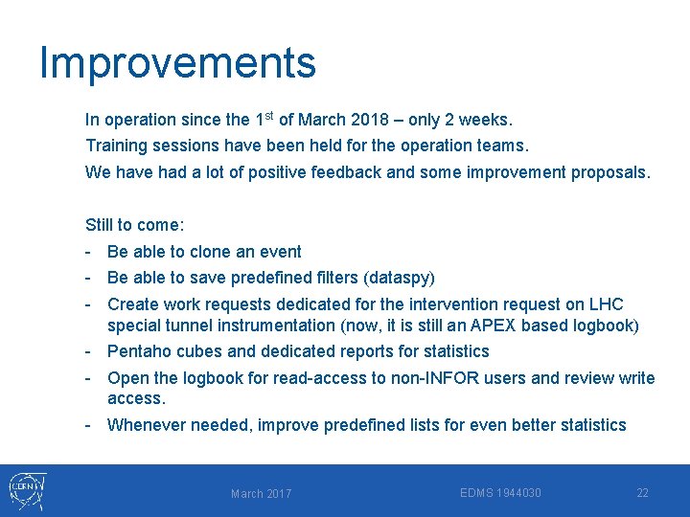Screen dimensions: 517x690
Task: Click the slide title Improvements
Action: click(177, 63)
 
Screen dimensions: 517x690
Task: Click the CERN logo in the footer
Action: click(26, 491)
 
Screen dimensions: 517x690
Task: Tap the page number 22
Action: click(642, 493)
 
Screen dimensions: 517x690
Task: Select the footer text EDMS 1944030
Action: click(500, 493)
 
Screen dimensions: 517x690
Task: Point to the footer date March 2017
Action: click(261, 494)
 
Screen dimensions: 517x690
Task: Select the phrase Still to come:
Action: click(135, 225)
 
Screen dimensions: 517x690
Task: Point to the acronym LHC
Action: click(605, 304)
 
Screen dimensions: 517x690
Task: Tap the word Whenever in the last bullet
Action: click(146, 425)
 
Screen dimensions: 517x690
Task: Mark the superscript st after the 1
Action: click(269, 116)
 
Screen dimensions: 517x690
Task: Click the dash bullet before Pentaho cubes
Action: click(88, 351)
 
